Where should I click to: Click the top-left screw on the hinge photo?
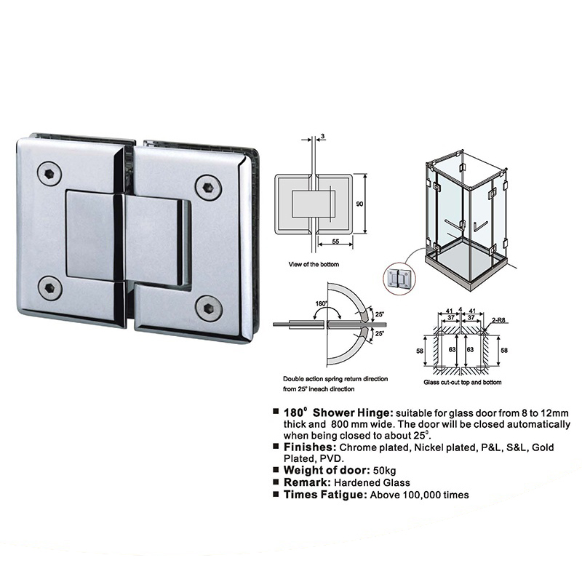(49, 173)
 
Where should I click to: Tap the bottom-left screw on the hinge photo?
(49, 288)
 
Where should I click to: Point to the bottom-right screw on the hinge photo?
(209, 308)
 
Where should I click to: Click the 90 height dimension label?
(359, 204)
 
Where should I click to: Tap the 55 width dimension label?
(335, 242)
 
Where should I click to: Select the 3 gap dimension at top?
(323, 136)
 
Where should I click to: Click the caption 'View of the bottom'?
(314, 264)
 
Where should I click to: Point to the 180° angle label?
(322, 303)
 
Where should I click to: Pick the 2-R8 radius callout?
(498, 320)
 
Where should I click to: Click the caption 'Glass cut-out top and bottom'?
(463, 382)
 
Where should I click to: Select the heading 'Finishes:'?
(310, 447)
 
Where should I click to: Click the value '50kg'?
(385, 471)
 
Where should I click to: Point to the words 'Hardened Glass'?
(372, 482)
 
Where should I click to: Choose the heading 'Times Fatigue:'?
(325, 495)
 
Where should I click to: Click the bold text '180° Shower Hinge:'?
(338, 412)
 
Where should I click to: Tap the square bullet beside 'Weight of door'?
(276, 470)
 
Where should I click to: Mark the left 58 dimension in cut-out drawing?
(420, 351)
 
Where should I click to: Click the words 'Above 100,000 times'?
(420, 495)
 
